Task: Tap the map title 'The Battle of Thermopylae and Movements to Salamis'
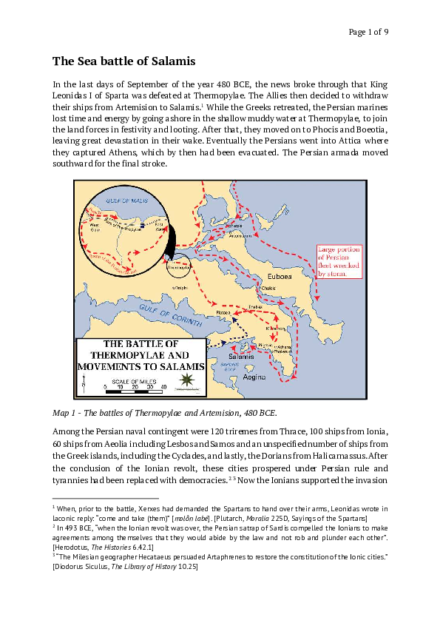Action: coord(135,354)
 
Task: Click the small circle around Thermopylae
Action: coord(177,266)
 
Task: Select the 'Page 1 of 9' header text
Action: coord(368,31)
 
